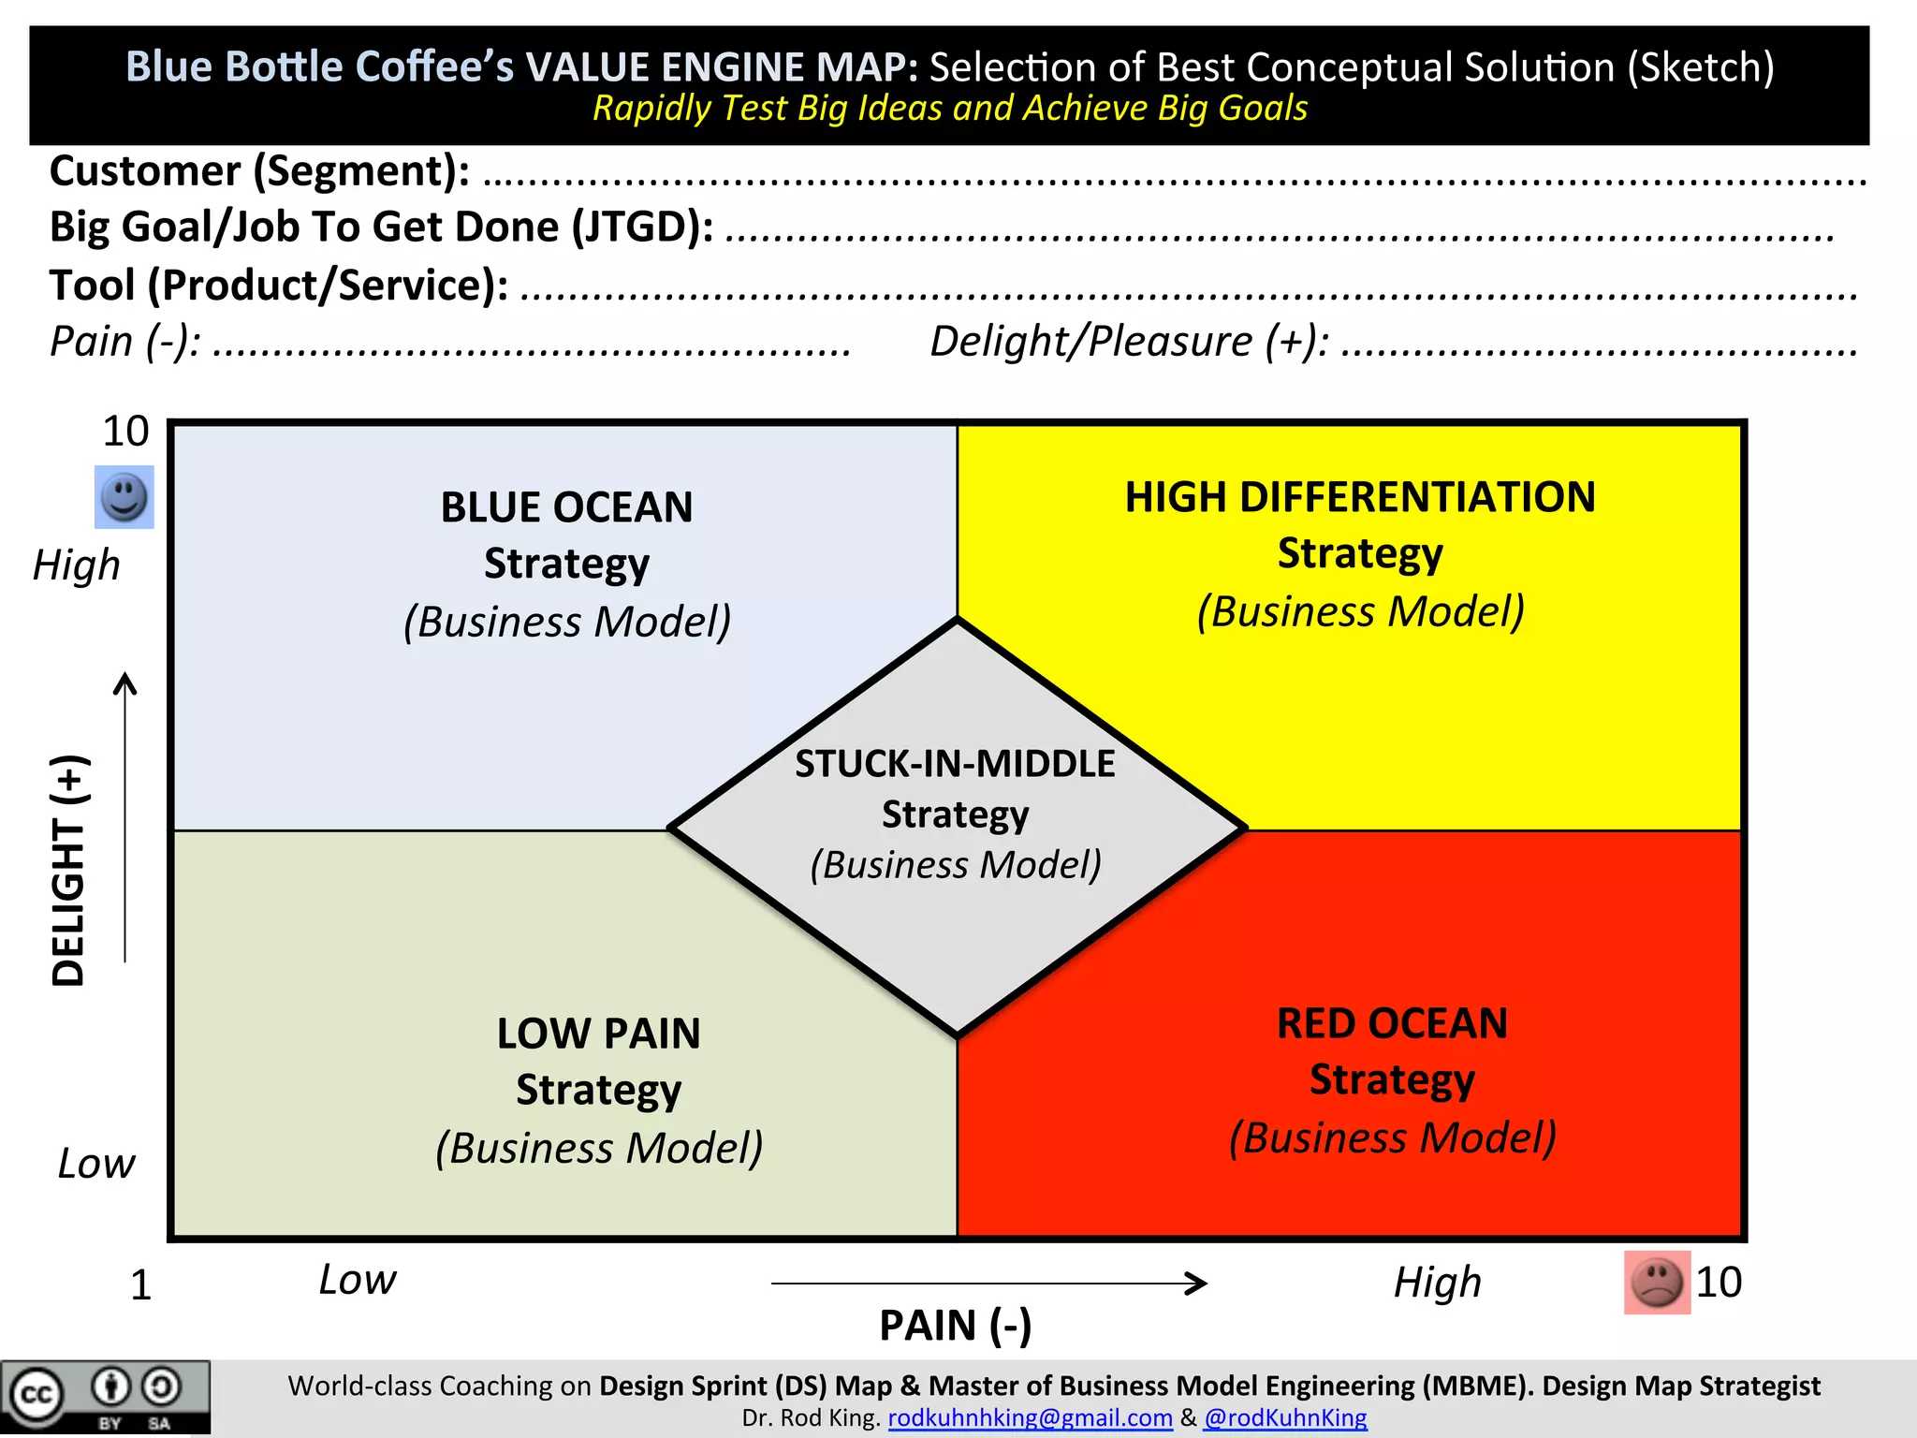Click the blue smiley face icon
[x=124, y=497]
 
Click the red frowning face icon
[x=1657, y=1282]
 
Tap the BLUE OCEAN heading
[x=566, y=507]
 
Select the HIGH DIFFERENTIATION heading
[x=1359, y=497]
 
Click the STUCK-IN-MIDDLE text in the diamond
[x=955, y=764]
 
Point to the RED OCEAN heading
[x=1392, y=1023]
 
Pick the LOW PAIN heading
[x=598, y=1034]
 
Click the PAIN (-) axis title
[x=955, y=1326]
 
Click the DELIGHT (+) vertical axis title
[x=69, y=870]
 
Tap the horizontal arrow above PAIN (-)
[x=988, y=1283]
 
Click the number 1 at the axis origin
[x=140, y=1285]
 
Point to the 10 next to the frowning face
[x=1719, y=1282]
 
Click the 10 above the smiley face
[x=125, y=432]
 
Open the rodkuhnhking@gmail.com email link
[x=1030, y=1417]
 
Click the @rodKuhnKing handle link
[x=1285, y=1417]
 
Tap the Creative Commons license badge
[x=105, y=1398]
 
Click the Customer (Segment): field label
[x=259, y=171]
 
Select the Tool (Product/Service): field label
[x=279, y=286]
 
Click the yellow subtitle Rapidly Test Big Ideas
[x=949, y=109]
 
